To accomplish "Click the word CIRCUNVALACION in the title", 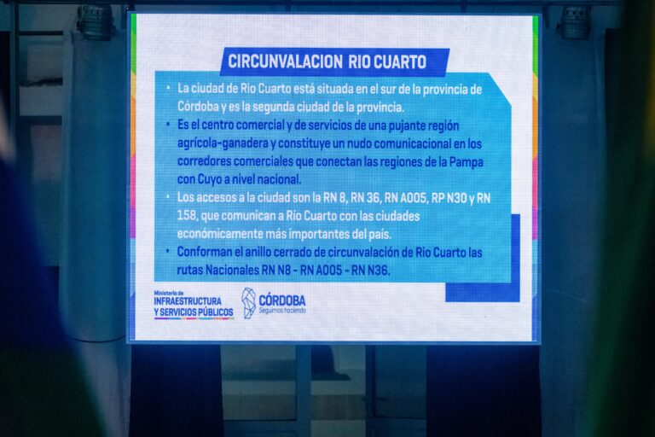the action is click(x=286, y=62).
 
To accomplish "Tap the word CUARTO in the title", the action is click(x=399, y=62).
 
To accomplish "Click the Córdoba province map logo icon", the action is click(x=248, y=303).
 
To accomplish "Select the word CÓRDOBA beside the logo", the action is click(x=282, y=300).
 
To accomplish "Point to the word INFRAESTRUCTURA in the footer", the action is click(x=188, y=301).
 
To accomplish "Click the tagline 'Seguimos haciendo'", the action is click(x=282, y=311).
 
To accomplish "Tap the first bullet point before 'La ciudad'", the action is click(x=168, y=88).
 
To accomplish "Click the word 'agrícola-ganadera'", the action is click(x=223, y=143).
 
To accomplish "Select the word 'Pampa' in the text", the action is click(x=467, y=161).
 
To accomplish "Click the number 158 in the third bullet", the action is click(x=187, y=216).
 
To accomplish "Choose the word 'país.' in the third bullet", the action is click(x=380, y=234).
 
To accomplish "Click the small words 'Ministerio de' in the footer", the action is click(x=169, y=293).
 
